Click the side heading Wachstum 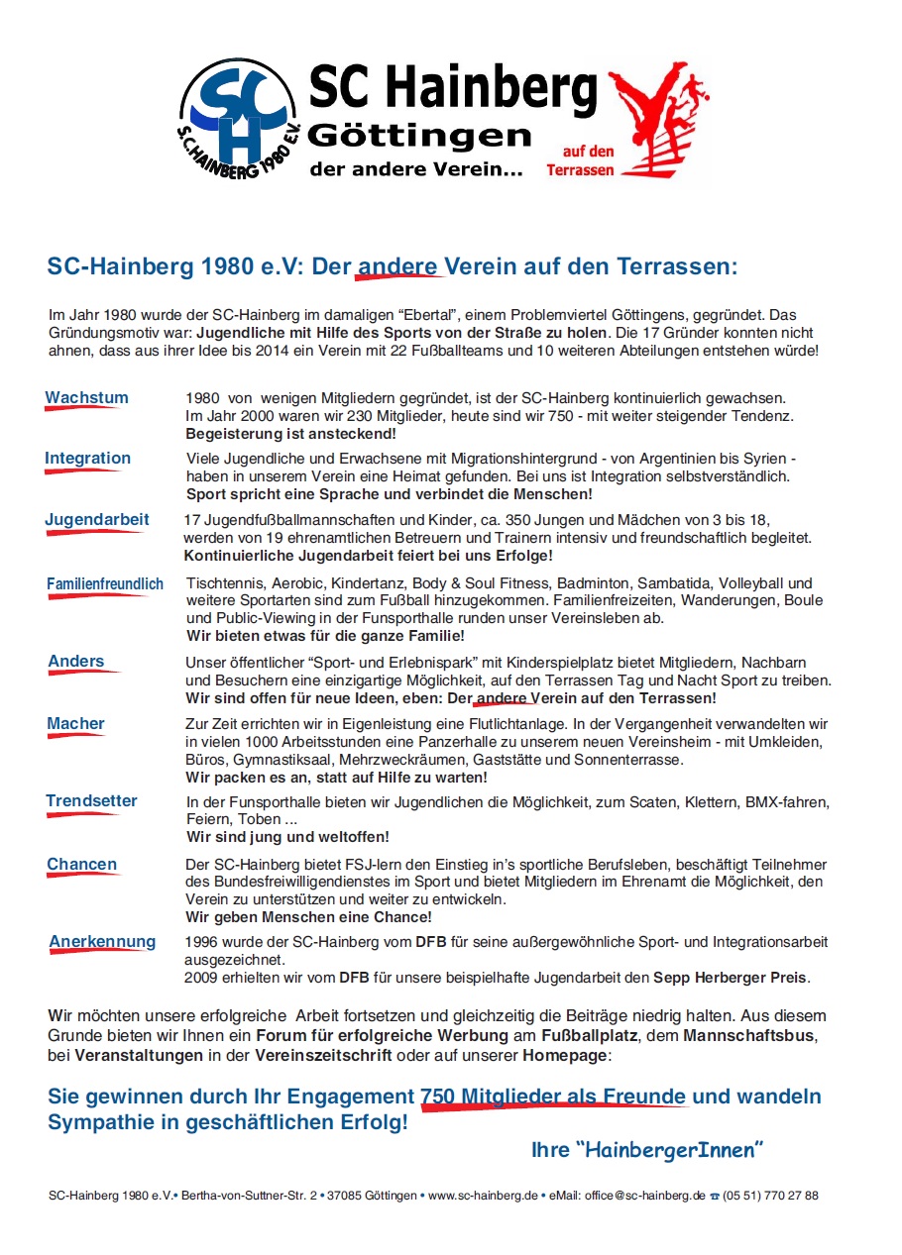pos(86,398)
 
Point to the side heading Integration pos(87,458)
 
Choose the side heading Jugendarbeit pos(96,519)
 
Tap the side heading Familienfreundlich pos(105,584)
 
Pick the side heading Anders pos(76,661)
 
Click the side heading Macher pos(75,723)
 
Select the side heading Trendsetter pos(91,800)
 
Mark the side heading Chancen pos(81,864)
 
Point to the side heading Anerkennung pos(102,941)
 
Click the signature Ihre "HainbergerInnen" pos(647,1150)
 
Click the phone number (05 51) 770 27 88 pos(770,1196)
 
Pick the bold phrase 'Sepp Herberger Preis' pos(731,978)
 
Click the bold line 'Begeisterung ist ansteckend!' pos(290,434)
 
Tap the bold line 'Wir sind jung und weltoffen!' pos(287,837)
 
